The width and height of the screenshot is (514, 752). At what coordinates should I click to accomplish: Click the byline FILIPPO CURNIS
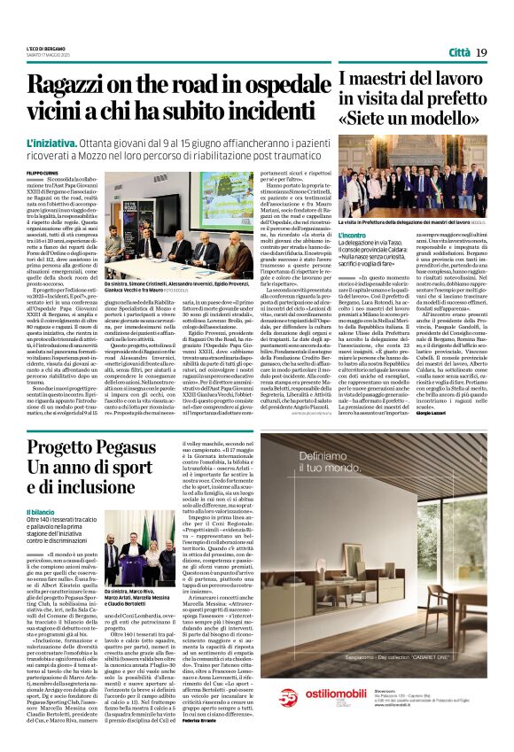tap(42, 173)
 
